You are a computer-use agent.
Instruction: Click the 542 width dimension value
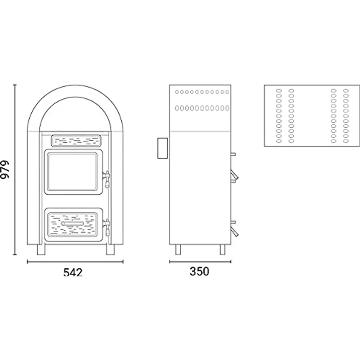[73, 272]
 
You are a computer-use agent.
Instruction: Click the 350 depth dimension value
[200, 271]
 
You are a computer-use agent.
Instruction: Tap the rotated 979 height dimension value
[5, 169]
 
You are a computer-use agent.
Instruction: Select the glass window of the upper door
[72, 172]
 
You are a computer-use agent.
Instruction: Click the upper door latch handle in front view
[107, 179]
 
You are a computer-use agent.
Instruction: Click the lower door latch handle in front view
[107, 227]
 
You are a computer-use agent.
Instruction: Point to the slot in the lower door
[72, 224]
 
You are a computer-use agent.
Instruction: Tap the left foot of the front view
[41, 249]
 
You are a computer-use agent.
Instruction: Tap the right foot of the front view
[111, 249]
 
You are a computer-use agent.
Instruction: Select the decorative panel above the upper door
[76, 141]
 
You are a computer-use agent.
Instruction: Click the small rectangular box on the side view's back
[162, 148]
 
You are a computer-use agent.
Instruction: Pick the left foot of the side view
[178, 249]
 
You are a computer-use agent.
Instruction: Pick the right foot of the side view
[223, 249]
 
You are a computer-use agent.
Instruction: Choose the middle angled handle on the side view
[235, 175]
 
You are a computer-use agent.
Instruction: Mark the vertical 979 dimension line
[15, 170]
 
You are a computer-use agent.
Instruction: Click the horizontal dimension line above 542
[75, 262]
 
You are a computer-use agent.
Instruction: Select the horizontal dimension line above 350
[200, 262]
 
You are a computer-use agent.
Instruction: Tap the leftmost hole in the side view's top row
[177, 92]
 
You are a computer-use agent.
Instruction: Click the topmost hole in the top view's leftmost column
[279, 90]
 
